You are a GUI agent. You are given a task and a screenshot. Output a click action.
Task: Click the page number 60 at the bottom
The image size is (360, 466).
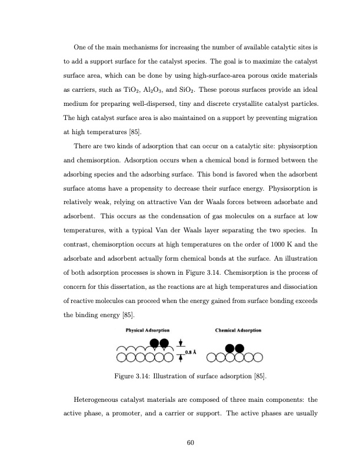point(190,442)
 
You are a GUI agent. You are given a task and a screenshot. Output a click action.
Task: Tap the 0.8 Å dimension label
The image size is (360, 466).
point(191,352)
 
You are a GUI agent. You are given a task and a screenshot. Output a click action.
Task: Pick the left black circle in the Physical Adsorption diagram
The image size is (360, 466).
point(155,344)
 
